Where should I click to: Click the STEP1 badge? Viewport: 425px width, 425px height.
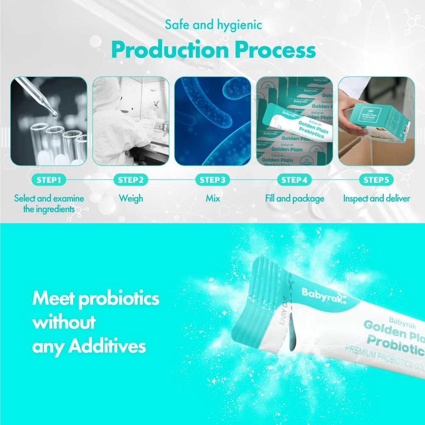[x=49, y=180]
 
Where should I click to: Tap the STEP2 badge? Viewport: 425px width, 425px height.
[x=131, y=180]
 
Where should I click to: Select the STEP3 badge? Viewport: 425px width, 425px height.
[x=212, y=180]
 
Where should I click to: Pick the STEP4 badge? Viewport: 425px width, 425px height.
[x=294, y=180]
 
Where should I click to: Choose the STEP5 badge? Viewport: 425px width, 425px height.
[x=376, y=180]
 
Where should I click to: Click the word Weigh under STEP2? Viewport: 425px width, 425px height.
[x=131, y=198]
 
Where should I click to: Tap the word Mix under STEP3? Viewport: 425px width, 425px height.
[x=212, y=198]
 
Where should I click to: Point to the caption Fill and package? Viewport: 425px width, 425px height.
[x=295, y=198]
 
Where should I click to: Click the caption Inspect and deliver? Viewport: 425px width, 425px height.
[x=377, y=198]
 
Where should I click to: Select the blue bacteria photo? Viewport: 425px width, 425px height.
[x=212, y=121]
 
